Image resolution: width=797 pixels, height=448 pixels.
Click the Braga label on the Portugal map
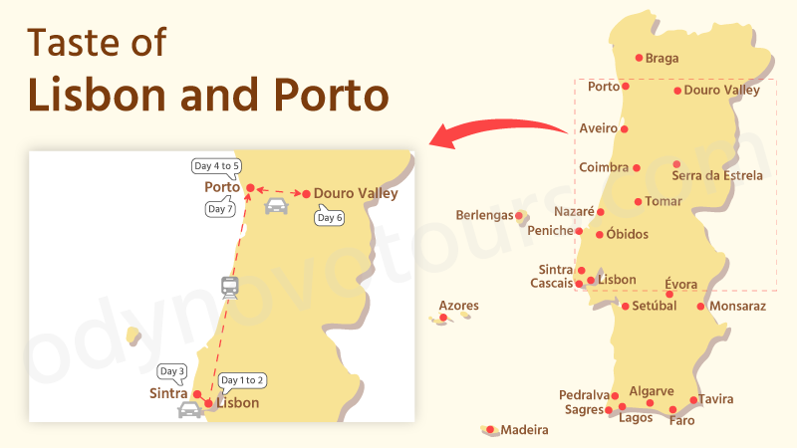[662, 59]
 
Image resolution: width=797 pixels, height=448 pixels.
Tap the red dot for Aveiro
[625, 128]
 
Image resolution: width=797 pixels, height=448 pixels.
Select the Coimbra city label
[604, 167]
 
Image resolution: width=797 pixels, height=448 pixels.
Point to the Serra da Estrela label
[717, 176]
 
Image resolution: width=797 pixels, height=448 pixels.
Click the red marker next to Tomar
[639, 201]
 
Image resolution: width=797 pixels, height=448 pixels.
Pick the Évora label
[681, 284]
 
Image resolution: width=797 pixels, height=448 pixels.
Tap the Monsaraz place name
[738, 307]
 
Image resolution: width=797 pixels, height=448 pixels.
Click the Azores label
[458, 306]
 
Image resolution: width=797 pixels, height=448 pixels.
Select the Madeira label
[524, 431]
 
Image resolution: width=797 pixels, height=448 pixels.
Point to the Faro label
[682, 421]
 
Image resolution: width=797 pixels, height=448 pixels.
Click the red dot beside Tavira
[694, 400]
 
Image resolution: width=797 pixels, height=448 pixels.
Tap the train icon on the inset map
[231, 287]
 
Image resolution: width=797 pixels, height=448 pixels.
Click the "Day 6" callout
[329, 218]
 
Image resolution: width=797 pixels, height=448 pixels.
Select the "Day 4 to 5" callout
[216, 166]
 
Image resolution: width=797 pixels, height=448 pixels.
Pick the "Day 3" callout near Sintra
[172, 371]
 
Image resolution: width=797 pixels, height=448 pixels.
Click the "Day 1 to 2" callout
[242, 380]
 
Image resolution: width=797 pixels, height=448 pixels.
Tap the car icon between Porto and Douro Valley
[276, 206]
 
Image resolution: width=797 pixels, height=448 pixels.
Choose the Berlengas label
[484, 215]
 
